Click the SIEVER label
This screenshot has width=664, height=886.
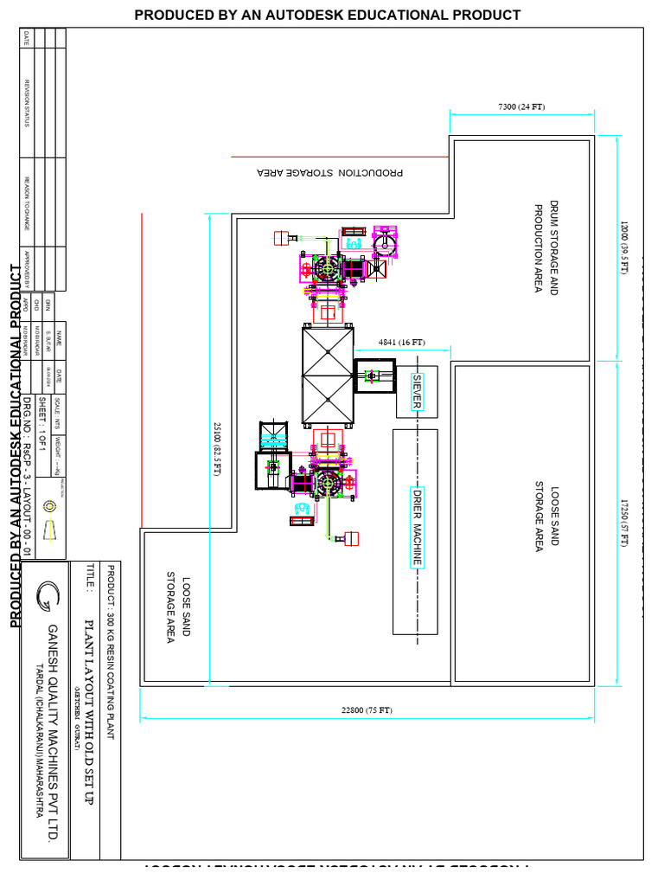point(417,392)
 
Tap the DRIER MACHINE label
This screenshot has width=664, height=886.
point(417,525)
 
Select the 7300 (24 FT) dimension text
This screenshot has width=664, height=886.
point(521,106)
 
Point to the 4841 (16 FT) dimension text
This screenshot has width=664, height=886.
point(402,343)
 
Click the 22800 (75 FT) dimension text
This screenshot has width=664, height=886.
point(367,710)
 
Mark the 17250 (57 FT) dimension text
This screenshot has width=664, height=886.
point(623,522)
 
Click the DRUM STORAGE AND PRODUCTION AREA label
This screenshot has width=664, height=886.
point(547,248)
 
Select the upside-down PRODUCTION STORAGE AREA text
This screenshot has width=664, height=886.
point(330,172)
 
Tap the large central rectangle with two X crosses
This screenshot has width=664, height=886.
point(328,376)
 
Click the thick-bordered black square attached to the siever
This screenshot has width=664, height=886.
point(374,376)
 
